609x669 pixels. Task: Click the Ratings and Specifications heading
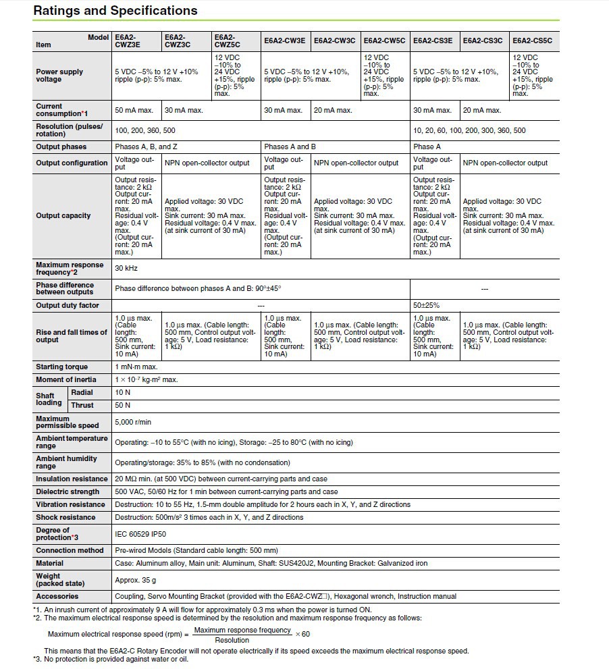pos(115,11)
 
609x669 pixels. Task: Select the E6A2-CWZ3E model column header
pos(128,41)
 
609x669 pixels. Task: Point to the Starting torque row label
pos(61,367)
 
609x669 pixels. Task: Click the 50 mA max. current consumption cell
pos(134,110)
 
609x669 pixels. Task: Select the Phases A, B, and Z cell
pos(146,146)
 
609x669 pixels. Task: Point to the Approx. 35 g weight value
pos(135,580)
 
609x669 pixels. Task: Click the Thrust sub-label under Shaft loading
pos(82,405)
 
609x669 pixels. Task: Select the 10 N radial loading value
pos(122,392)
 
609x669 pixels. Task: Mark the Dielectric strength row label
pos(68,491)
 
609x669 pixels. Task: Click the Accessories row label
pos(57,596)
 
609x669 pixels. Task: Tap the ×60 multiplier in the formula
pos(302,634)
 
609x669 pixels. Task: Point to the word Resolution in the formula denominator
pos(232,640)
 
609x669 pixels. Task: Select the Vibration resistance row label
pos(70,504)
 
